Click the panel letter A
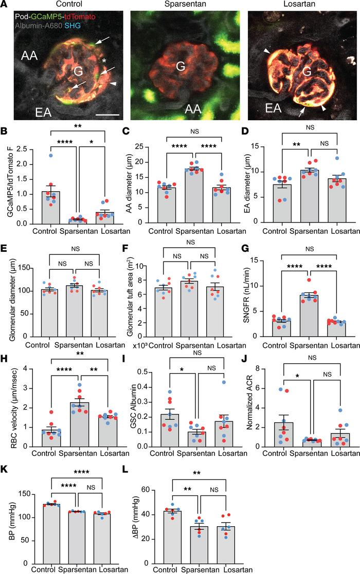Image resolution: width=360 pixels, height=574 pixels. (5, 5)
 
